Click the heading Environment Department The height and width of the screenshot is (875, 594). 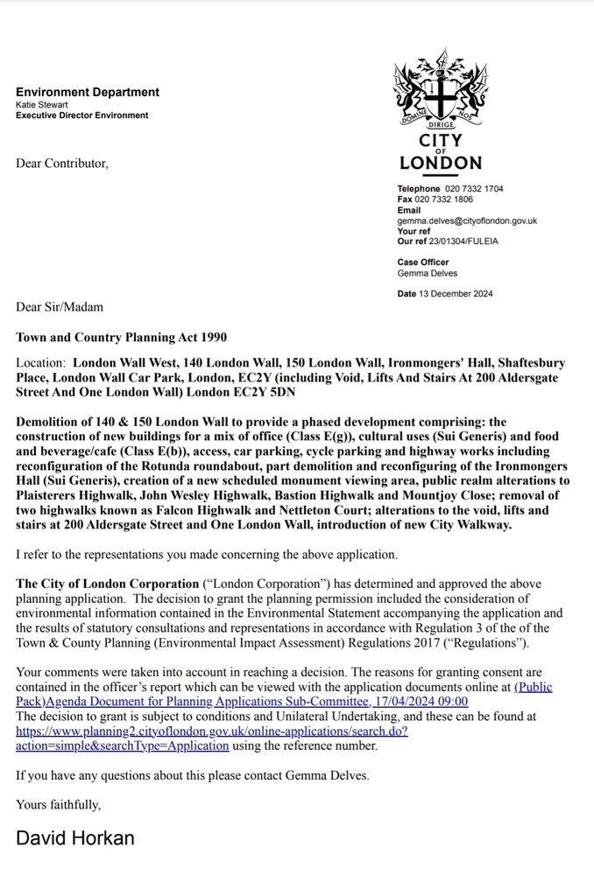point(87,92)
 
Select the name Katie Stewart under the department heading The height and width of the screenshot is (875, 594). point(42,104)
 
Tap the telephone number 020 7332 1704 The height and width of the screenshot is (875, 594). point(474,189)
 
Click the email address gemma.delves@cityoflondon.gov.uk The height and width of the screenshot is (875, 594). point(467,221)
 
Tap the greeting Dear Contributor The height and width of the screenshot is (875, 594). point(62,163)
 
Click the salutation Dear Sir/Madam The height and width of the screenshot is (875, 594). point(59,306)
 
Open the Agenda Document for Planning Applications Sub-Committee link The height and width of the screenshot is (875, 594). point(242,701)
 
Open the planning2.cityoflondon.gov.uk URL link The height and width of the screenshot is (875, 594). point(211,731)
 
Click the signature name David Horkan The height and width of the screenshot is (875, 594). point(75,837)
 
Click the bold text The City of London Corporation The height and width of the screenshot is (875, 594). point(108,584)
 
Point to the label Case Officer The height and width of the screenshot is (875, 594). point(422,262)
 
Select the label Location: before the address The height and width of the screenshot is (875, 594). point(40,362)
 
